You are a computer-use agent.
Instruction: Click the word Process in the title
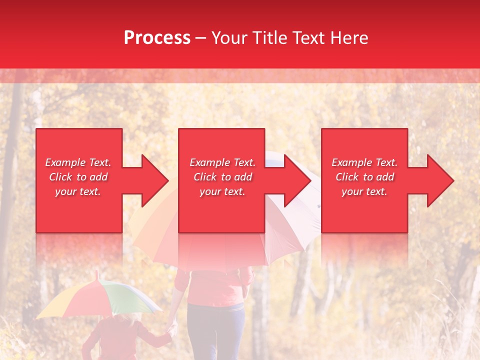157,38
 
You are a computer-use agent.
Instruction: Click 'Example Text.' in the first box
78,162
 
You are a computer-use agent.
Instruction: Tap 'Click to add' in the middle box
222,177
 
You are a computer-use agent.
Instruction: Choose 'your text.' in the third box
364,191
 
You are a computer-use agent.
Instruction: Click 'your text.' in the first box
78,191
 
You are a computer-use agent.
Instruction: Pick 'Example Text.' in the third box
364,162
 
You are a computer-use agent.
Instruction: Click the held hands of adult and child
172,327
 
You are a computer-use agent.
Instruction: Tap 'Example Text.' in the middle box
222,162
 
